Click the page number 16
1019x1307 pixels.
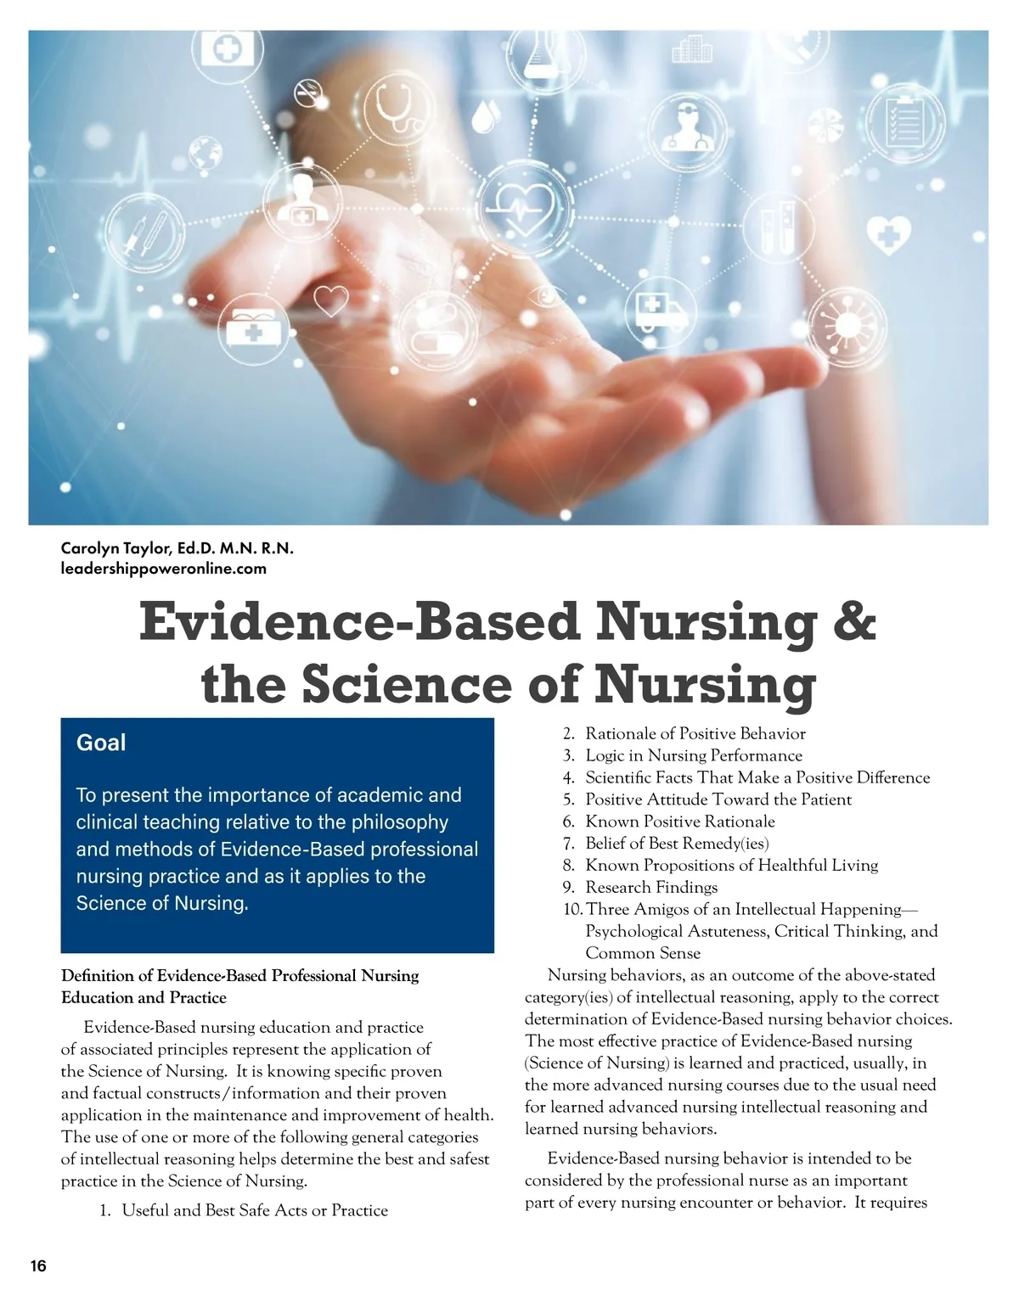click(38, 1266)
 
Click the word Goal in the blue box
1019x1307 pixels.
click(101, 743)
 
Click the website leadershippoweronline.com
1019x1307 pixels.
click(164, 569)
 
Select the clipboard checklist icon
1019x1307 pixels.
click(903, 122)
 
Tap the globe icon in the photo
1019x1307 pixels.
click(205, 151)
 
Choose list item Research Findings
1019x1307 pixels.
click(651, 887)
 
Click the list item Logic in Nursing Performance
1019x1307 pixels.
click(694, 755)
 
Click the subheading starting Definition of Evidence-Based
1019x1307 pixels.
click(239, 986)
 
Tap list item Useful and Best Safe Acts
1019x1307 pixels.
click(255, 1210)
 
